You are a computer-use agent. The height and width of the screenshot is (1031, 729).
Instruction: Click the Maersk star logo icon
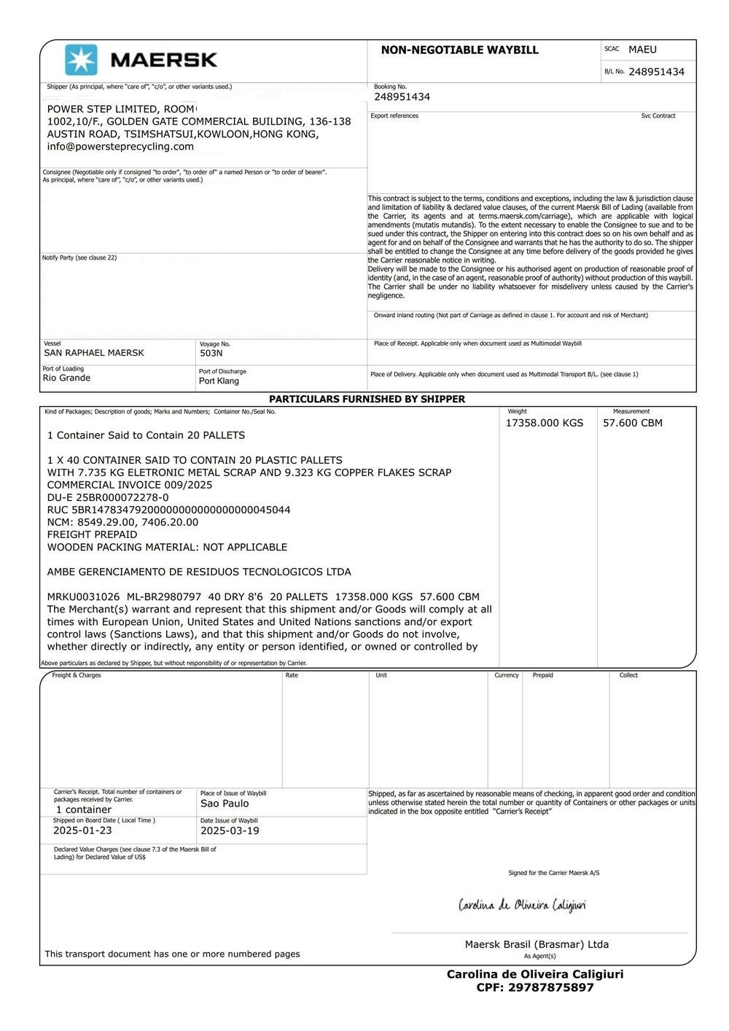pos(81,60)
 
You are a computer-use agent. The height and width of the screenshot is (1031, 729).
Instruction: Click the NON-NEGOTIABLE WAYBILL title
pos(459,50)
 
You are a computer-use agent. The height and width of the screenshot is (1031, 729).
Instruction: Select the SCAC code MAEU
pos(642,50)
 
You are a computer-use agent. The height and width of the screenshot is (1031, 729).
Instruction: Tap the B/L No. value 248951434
pos(656,71)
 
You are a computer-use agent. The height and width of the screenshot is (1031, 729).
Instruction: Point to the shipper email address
pos(120,147)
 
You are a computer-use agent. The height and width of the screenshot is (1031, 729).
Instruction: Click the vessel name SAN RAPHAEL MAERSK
pos(94,353)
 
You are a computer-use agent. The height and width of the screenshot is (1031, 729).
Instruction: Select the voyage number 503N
pos(211,354)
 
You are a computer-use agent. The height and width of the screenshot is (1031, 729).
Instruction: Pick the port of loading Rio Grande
pos(66,378)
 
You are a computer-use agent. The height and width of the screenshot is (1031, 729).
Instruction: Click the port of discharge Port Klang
pos(219,381)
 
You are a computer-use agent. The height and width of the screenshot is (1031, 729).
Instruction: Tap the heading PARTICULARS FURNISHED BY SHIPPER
pos(367,400)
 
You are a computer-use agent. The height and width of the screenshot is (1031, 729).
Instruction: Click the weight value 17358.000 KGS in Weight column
pos(545,423)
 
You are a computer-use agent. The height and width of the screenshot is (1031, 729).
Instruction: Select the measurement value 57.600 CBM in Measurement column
pos(632,423)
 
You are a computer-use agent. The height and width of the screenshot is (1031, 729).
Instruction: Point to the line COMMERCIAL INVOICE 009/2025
pos(130,485)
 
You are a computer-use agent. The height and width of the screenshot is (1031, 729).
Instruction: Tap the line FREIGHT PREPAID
pos(92,534)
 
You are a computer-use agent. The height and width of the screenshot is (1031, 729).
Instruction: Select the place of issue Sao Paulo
pos(225,804)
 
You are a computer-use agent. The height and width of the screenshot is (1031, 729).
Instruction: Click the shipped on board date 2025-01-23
pos(82,830)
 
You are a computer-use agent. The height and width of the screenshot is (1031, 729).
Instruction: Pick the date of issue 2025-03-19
pos(230,830)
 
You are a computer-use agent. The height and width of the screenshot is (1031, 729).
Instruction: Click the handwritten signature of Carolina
pos(522,906)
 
